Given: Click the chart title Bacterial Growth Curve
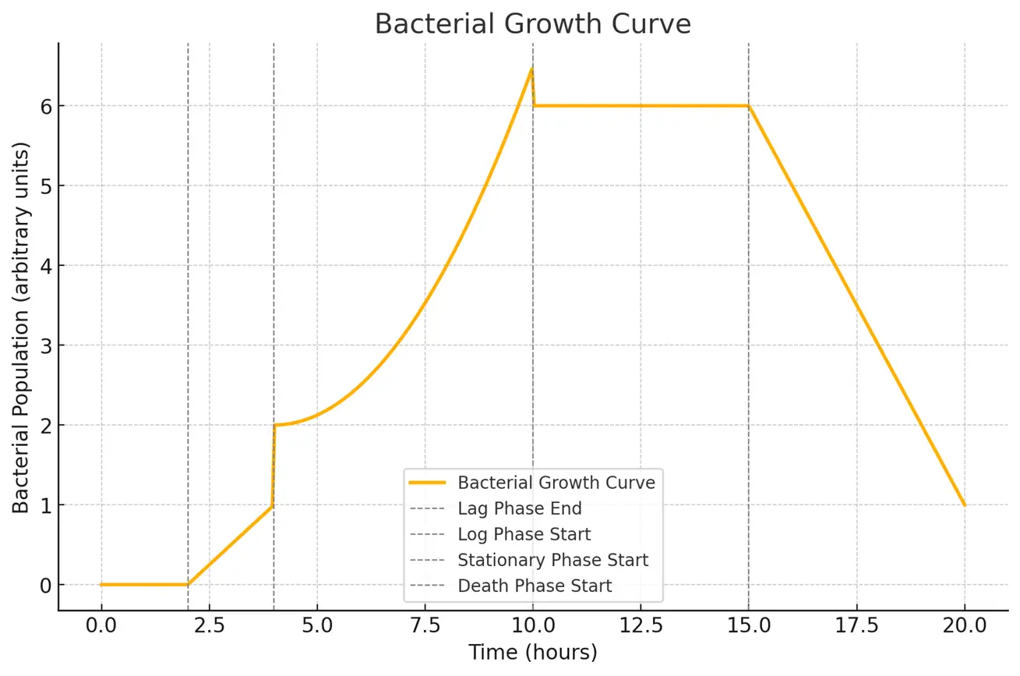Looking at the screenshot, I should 532,24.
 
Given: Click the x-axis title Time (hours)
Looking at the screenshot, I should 532,652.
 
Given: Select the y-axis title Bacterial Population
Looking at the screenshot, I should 21,327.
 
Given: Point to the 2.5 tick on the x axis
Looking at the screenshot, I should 209,625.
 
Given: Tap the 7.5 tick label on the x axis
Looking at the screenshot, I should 425,625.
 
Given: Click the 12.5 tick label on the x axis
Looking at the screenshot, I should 641,625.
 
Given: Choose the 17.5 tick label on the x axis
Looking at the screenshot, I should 856,625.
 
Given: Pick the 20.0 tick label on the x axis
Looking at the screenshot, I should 964,625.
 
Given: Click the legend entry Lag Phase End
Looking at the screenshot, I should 520,508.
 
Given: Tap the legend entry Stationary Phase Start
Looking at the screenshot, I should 552,560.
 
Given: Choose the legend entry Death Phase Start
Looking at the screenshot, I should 535,586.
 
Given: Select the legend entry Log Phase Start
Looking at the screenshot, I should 524,534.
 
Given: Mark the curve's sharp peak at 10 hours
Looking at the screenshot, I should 531,69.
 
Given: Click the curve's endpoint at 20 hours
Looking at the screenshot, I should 964,505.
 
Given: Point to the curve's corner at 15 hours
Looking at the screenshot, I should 748,106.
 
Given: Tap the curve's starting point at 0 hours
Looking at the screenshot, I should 101,585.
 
